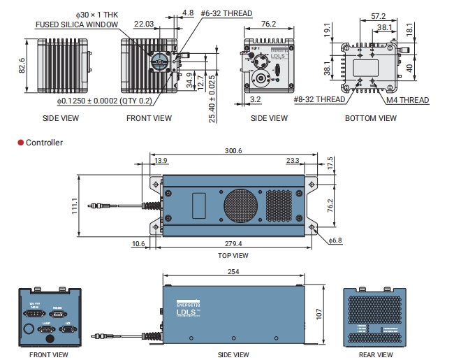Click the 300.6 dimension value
(233, 151)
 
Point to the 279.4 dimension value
(233, 244)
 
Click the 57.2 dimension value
(379, 15)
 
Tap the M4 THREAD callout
(408, 100)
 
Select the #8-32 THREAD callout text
(319, 100)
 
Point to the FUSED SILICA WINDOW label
(78, 24)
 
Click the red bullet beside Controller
(21, 143)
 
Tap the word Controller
(44, 143)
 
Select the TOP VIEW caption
(233, 256)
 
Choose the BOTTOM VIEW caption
(370, 118)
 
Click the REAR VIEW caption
(375, 354)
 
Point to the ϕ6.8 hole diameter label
(337, 240)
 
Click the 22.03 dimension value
(145, 24)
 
